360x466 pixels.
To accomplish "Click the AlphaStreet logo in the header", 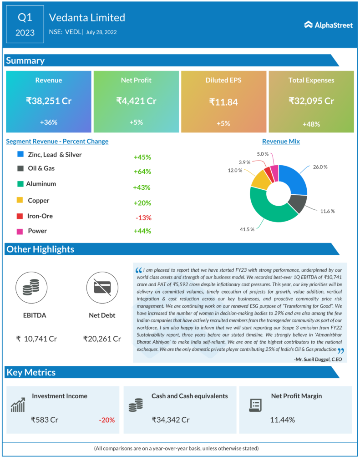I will (328, 25).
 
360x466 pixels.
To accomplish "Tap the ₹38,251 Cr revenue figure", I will (49, 101).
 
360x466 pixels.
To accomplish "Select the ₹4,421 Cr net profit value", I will (136, 101).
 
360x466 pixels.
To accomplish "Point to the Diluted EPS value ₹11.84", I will (223, 102).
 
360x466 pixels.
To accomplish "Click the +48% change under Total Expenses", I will (311, 124).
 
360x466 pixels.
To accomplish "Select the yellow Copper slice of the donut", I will (260, 180).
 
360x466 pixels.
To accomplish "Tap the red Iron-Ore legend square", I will (20, 216).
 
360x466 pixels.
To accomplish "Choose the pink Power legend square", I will (20, 231).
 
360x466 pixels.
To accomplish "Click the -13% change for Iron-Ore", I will (143, 218).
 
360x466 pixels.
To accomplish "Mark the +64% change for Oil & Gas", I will (142, 172).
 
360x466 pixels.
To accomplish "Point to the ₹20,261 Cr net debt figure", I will (102, 339).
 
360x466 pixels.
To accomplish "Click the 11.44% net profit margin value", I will (282, 420).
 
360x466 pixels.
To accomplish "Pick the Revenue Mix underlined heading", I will (281, 142).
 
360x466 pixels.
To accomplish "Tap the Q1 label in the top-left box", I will (25, 18).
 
